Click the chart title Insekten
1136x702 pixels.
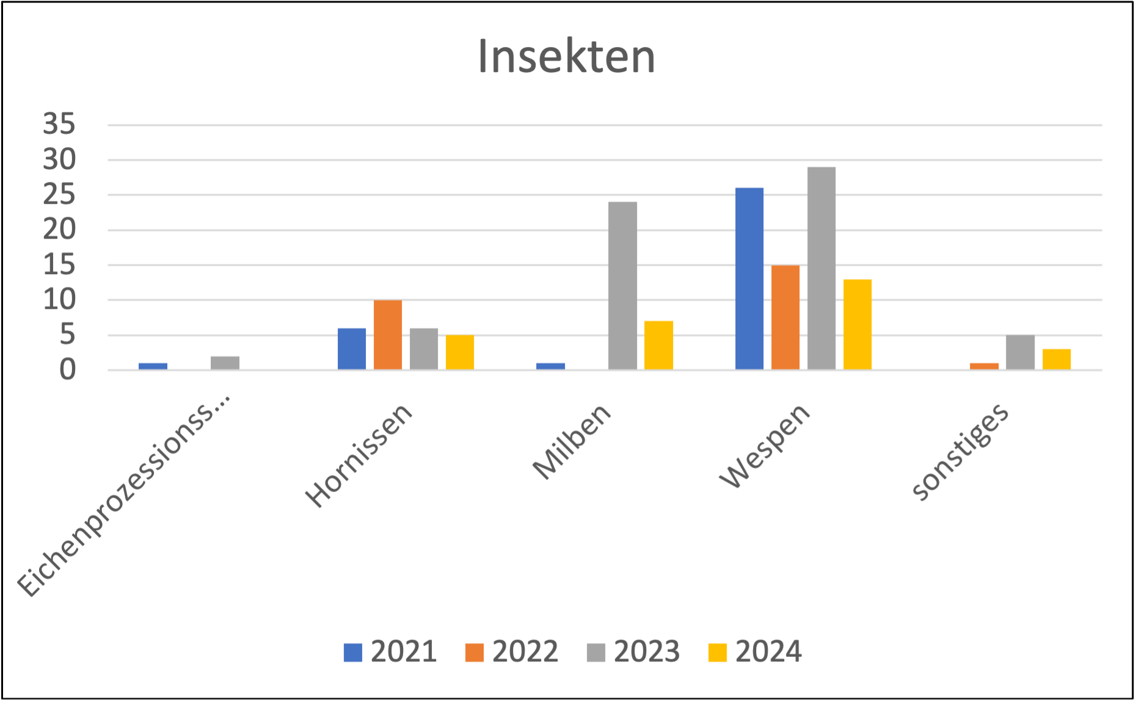pyautogui.click(x=566, y=57)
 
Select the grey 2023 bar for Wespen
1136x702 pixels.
pyautogui.click(x=821, y=269)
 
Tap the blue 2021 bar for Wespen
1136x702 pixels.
pyautogui.click(x=749, y=278)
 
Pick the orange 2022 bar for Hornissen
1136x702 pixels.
pyautogui.click(x=388, y=335)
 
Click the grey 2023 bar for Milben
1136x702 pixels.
pyautogui.click(x=623, y=286)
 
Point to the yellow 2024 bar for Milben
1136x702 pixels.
pyautogui.click(x=659, y=345)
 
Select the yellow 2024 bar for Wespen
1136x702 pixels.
pyautogui.click(x=857, y=324)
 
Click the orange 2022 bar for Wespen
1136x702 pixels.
pyautogui.click(x=785, y=317)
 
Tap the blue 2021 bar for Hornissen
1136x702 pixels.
pyautogui.click(x=352, y=349)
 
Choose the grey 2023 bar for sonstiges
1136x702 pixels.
pyautogui.click(x=1021, y=352)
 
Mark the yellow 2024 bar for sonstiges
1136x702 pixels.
pyautogui.click(x=1057, y=359)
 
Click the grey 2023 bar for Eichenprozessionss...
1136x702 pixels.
pyautogui.click(x=225, y=363)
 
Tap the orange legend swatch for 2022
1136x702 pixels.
pyautogui.click(x=475, y=653)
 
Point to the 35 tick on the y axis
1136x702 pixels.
pyautogui.click(x=59, y=125)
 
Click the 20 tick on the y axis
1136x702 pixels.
pyautogui.click(x=59, y=230)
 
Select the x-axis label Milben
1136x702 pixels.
pyautogui.click(x=572, y=441)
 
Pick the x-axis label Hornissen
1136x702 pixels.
pyautogui.click(x=359, y=455)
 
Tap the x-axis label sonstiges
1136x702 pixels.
pyautogui.click(x=959, y=451)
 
